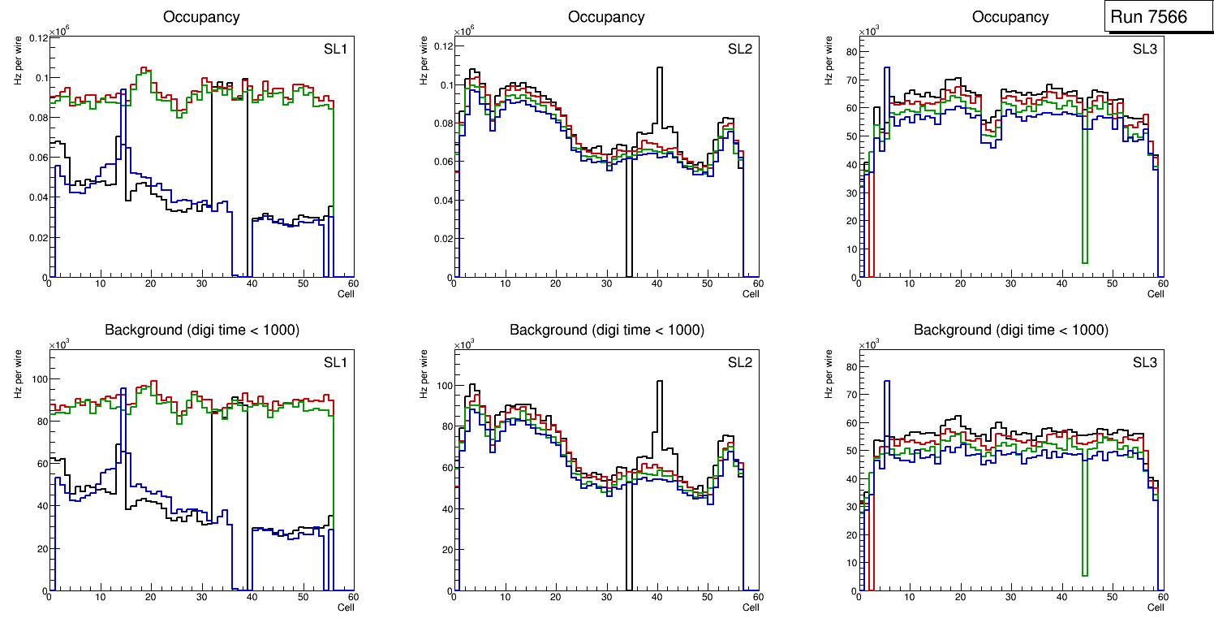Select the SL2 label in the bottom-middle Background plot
(740, 362)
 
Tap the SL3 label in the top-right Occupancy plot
(1145, 48)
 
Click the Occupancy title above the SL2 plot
(606, 17)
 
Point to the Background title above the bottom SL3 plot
(1010, 330)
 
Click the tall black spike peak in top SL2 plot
(660, 68)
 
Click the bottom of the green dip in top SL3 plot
(1084, 262)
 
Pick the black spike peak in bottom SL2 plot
(660, 382)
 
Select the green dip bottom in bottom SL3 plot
(1084, 575)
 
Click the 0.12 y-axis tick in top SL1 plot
(38, 38)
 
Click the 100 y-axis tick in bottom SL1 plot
(36, 379)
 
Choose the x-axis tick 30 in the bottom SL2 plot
(605, 597)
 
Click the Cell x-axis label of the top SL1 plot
(346, 293)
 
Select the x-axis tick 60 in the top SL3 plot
(1161, 283)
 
